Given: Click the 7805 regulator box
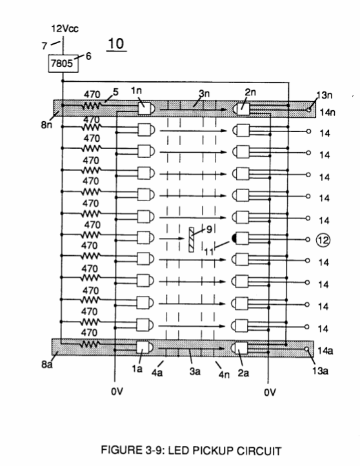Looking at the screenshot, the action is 63,63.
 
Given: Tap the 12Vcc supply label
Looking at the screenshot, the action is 65,29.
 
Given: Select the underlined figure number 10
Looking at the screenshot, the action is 116,44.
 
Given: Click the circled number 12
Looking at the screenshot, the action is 323,240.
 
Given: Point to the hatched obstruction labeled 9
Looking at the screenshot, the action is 192,240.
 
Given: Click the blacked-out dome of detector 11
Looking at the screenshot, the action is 234,238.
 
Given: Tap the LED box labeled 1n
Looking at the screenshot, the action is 145,109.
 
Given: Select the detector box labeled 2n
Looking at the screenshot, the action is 243,109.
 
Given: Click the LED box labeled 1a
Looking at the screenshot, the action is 143,347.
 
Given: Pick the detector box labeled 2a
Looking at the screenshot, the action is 241,348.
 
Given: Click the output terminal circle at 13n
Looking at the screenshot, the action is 309,110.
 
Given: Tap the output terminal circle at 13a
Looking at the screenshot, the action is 306,349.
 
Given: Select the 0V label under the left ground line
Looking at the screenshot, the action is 117,392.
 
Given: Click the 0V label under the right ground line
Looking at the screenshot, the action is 270,393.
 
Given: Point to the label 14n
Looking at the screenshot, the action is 328,113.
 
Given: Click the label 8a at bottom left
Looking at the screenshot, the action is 46,364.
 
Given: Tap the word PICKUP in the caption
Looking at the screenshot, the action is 202,451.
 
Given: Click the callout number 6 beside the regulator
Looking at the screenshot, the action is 88,56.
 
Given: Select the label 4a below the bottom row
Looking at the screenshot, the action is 157,372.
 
